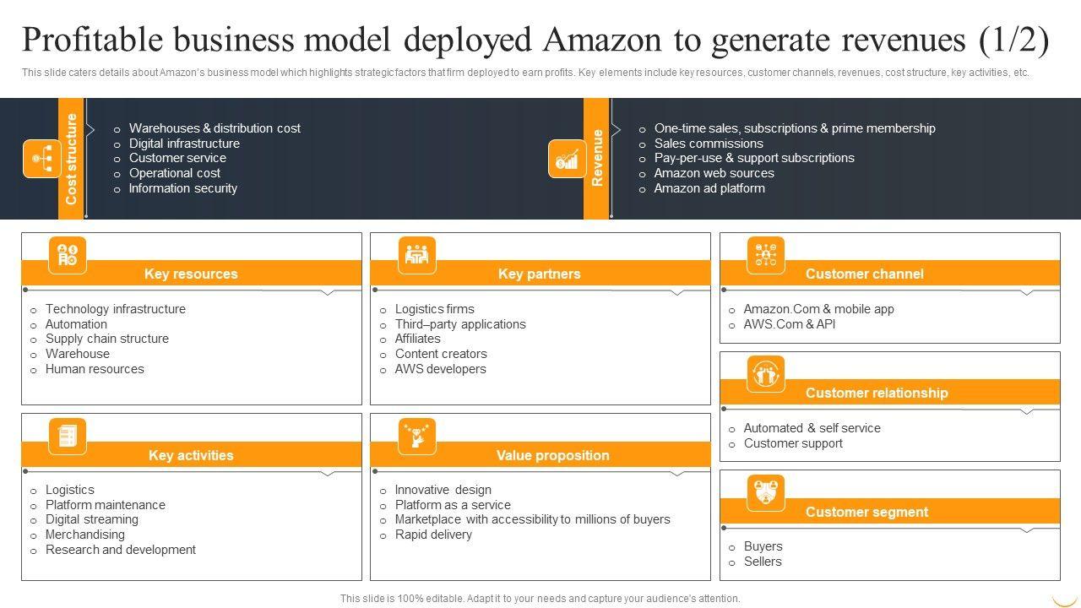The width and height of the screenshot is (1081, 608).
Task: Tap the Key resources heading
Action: click(x=191, y=274)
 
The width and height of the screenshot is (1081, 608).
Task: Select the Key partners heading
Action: click(x=539, y=274)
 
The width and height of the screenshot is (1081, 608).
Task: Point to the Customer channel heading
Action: click(x=864, y=274)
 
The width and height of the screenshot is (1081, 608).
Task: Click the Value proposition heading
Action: click(x=552, y=455)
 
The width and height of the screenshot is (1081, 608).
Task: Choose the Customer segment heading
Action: click(x=866, y=512)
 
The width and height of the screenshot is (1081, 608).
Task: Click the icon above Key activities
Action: click(x=68, y=437)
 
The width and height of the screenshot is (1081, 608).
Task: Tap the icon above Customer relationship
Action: click(x=766, y=374)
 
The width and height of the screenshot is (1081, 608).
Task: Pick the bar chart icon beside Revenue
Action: click(x=568, y=159)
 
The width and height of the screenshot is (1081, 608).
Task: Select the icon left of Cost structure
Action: click(x=42, y=159)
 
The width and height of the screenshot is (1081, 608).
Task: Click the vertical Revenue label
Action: click(x=597, y=158)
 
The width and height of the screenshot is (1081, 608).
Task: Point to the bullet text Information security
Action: click(x=182, y=188)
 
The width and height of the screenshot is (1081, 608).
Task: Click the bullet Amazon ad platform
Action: click(x=709, y=188)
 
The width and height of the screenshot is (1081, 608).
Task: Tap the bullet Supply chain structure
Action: click(x=107, y=339)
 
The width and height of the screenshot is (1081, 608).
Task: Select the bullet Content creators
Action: click(x=441, y=354)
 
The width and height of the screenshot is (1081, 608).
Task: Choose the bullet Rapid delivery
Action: click(x=433, y=535)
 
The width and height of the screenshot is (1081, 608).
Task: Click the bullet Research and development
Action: click(x=121, y=550)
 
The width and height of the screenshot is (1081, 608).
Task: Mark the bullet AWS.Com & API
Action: click(x=789, y=324)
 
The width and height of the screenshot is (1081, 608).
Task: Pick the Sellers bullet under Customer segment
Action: click(x=763, y=562)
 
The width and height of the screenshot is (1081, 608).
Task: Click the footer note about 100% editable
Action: click(x=540, y=599)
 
